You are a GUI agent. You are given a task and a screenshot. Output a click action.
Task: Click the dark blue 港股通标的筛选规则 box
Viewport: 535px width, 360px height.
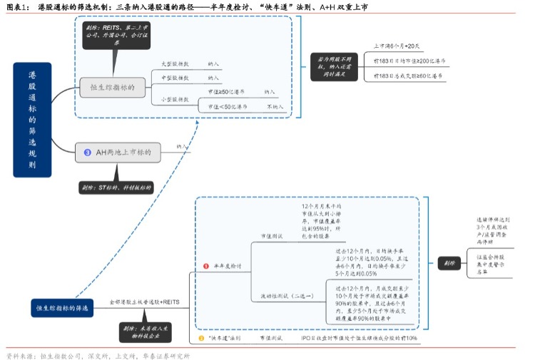coord(32,119)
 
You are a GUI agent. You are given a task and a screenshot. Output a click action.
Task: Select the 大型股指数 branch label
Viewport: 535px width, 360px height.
coord(174,63)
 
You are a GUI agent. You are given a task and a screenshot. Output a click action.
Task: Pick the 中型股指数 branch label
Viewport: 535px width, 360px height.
coord(174,78)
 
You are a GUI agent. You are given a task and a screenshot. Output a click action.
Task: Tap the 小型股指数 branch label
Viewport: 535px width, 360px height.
coord(174,99)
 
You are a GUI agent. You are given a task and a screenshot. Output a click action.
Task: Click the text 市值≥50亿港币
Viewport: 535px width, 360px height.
coord(227,92)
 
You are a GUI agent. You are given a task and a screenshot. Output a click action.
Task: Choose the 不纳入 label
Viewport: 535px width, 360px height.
coord(275,106)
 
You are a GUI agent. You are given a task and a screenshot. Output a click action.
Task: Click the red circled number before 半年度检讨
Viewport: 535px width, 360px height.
coord(207,265)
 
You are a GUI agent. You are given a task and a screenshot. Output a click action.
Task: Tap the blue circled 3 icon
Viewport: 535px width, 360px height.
coord(88,152)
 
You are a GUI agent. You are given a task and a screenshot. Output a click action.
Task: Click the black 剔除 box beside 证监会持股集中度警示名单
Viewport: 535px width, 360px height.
coord(449,262)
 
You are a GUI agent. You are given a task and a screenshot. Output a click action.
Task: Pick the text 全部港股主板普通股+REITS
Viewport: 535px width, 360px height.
coord(143,302)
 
